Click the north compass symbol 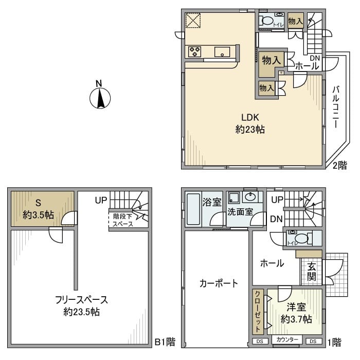click(x=100, y=97)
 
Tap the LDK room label click(x=250, y=123)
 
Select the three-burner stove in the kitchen click(x=195, y=51)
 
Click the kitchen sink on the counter click(x=222, y=51)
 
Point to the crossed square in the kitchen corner click(x=194, y=22)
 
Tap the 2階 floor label click(x=339, y=165)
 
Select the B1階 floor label click(x=165, y=341)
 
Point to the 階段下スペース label click(x=122, y=220)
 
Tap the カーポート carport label click(x=219, y=283)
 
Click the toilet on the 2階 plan click(x=267, y=21)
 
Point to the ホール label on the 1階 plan click(x=272, y=263)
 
